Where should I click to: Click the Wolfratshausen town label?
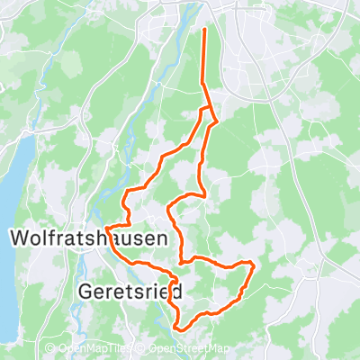click(88, 238)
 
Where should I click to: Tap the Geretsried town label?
click(131, 292)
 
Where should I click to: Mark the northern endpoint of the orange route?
click(205, 30)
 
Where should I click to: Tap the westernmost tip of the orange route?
click(106, 228)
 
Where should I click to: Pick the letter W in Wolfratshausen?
click(21, 238)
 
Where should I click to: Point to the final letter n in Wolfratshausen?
click(159, 238)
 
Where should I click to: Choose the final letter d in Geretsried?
click(177, 292)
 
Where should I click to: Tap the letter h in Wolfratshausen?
click(103, 238)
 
